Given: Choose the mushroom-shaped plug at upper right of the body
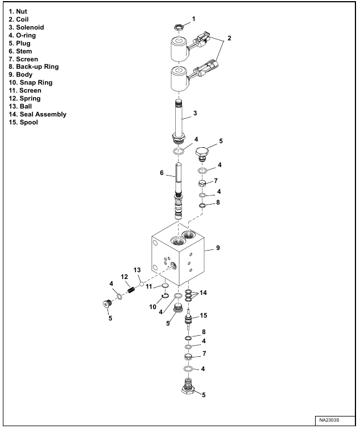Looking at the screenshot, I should pyautogui.click(x=203, y=153).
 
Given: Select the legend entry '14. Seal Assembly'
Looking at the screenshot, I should pyautogui.click(x=38, y=114).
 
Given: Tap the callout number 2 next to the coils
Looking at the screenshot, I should pyautogui.click(x=229, y=38).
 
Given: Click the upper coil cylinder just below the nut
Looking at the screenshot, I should pyautogui.click(x=178, y=49).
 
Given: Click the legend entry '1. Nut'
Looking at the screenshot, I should pyautogui.click(x=19, y=11).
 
